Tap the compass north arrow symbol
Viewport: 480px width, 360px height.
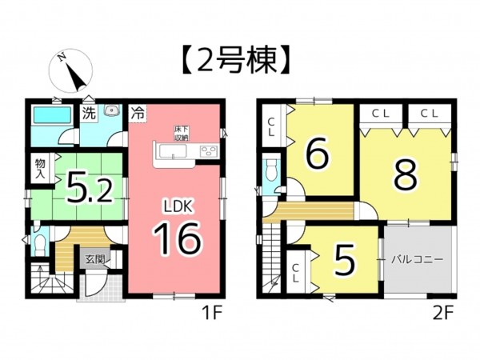point(73,74)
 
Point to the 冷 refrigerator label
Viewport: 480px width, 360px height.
point(138,114)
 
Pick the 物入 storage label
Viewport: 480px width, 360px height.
point(39,169)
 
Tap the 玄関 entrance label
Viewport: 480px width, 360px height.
point(95,259)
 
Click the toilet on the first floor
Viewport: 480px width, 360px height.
point(38,240)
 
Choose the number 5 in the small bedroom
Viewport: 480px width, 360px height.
point(343,262)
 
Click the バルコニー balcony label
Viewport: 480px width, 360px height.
point(418,261)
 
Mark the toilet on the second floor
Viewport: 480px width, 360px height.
point(270,171)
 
